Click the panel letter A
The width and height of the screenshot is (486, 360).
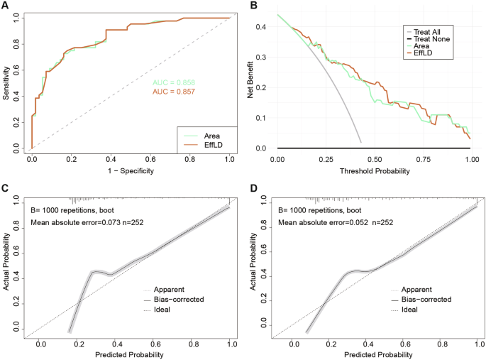[x=5, y=6]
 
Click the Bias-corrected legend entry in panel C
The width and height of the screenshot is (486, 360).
[x=177, y=300]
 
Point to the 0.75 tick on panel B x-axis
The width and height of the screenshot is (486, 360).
[x=423, y=160]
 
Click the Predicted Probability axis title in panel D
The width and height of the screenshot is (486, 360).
[x=375, y=354]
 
